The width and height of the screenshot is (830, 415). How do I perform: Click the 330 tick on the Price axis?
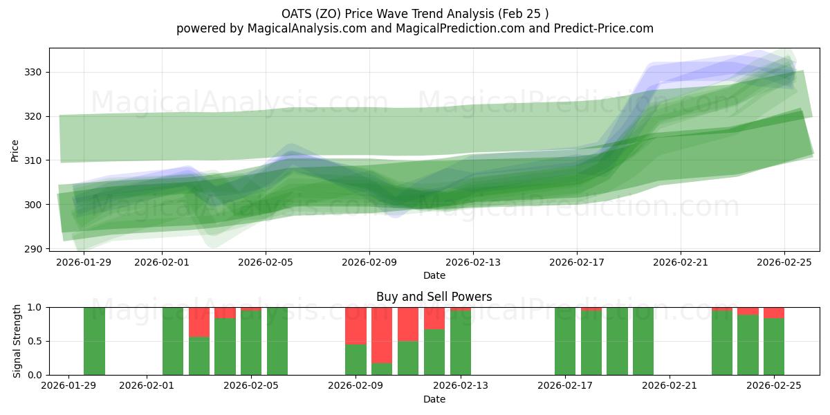pyautogui.click(x=34, y=72)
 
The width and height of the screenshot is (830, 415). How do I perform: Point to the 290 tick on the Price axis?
pyautogui.click(x=34, y=249)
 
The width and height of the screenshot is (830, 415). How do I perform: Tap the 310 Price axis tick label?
pyautogui.click(x=34, y=160)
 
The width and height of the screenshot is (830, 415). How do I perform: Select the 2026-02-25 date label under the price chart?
pyautogui.click(x=784, y=262)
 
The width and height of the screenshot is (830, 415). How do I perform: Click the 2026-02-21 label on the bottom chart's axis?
pyautogui.click(x=670, y=386)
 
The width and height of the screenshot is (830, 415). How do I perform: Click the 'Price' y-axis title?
pyautogui.click(x=15, y=149)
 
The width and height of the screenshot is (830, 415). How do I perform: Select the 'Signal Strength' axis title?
pyautogui.click(x=17, y=341)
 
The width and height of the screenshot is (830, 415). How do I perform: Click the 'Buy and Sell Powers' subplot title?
pyautogui.click(x=434, y=297)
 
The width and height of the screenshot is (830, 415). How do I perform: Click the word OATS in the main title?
pyautogui.click(x=297, y=13)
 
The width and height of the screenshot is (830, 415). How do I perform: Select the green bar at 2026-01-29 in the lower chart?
pyautogui.click(x=94, y=341)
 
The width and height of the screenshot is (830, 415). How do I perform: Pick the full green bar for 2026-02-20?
pyautogui.click(x=643, y=341)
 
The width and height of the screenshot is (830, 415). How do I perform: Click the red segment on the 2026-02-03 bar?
pyautogui.click(x=199, y=322)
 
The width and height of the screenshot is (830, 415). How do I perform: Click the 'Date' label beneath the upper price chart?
pyautogui.click(x=434, y=275)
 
